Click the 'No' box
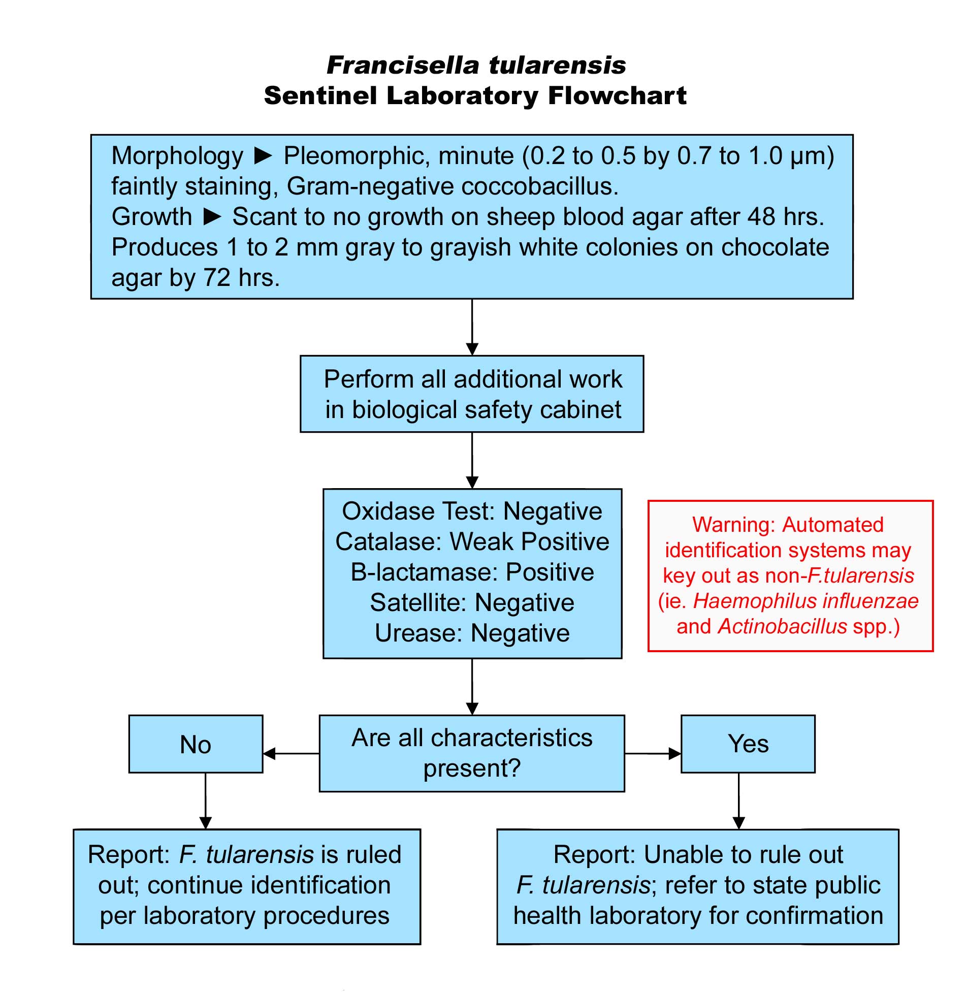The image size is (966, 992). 196,744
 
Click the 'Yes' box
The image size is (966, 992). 748,744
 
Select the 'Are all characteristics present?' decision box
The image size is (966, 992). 472,753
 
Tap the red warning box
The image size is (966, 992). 790,575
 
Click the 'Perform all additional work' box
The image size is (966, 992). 472,394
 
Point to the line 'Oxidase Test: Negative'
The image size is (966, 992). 472,511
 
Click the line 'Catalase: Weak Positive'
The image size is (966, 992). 472,541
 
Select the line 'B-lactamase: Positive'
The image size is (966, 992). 472,572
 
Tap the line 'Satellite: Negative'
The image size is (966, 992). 472,603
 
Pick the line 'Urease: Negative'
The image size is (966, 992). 472,633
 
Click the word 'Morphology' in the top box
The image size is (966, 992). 177,156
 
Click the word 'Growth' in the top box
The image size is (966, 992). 151,217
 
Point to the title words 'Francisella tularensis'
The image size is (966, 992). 476,65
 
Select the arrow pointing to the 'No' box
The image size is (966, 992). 291,753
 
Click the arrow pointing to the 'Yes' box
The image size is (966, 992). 653,753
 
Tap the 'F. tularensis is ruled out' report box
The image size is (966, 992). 247,887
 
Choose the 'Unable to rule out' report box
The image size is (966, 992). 698,887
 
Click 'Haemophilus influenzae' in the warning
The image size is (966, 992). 806,601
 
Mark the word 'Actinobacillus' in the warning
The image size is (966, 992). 782,627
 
